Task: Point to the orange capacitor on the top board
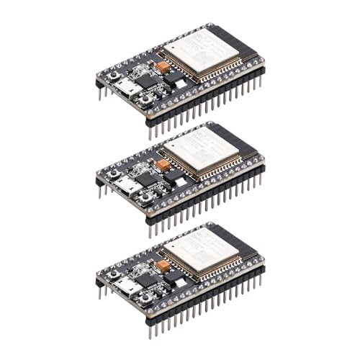[163, 68]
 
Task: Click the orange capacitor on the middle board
[163, 166]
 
